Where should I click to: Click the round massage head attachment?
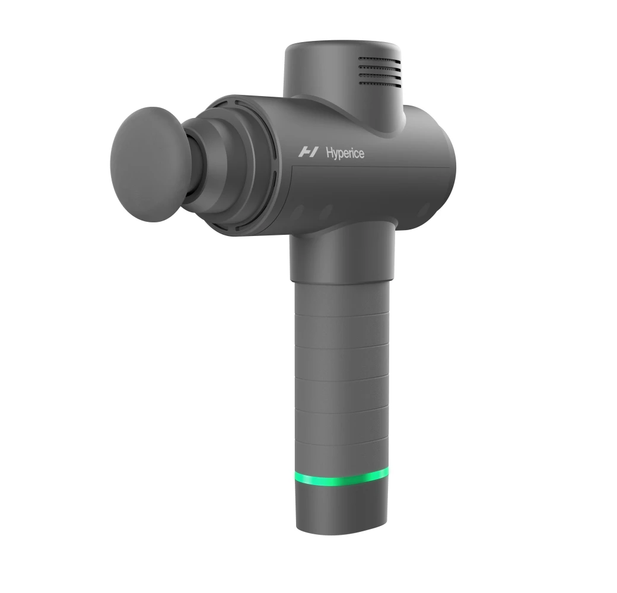point(148,164)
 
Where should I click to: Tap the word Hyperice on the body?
point(345,153)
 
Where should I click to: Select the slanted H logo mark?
point(308,152)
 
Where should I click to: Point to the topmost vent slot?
point(380,60)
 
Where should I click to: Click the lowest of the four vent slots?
point(380,83)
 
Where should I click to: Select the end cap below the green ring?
point(342,510)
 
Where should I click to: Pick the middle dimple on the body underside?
point(326,212)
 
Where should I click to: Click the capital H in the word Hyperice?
point(329,153)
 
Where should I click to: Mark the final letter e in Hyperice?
point(361,154)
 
